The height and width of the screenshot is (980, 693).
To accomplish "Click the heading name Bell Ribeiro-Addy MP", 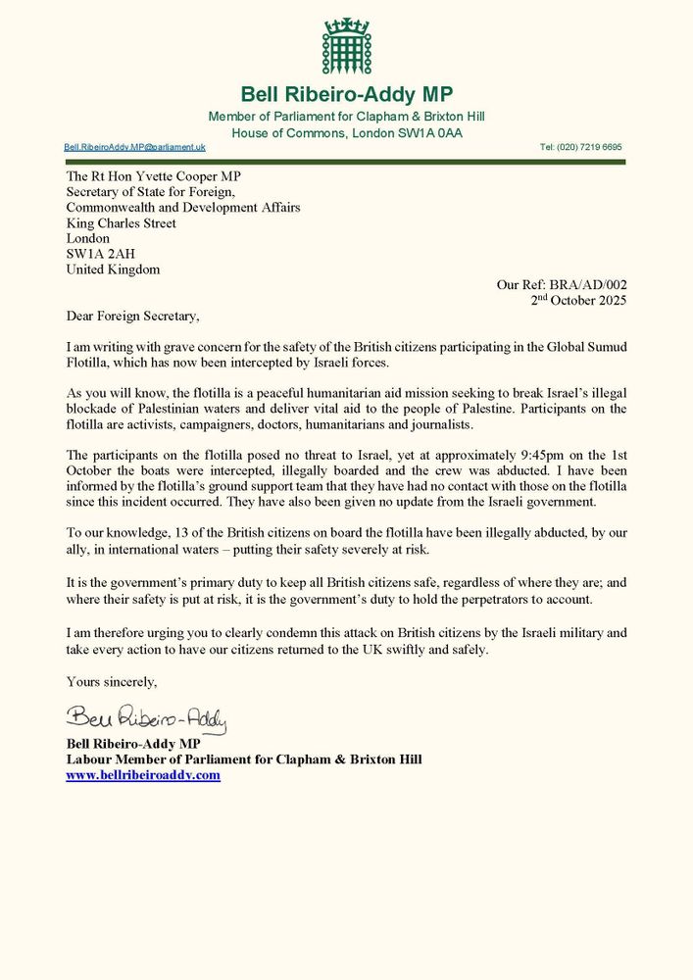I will (346, 95).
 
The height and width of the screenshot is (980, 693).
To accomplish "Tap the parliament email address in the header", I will (135, 147).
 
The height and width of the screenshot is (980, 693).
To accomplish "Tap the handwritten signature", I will (146, 720).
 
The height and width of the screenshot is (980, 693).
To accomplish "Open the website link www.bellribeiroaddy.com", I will (143, 775).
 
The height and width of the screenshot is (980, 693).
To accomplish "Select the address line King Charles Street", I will (121, 223).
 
